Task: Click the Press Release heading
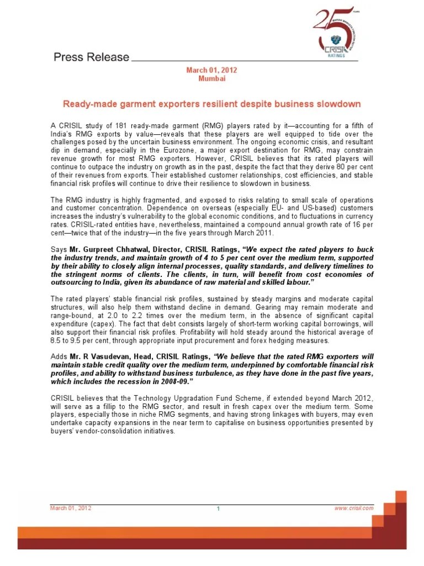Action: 91,57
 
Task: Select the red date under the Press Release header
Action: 212,70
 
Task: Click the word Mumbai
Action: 212,78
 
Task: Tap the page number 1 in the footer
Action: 218,509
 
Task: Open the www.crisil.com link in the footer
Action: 354,509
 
